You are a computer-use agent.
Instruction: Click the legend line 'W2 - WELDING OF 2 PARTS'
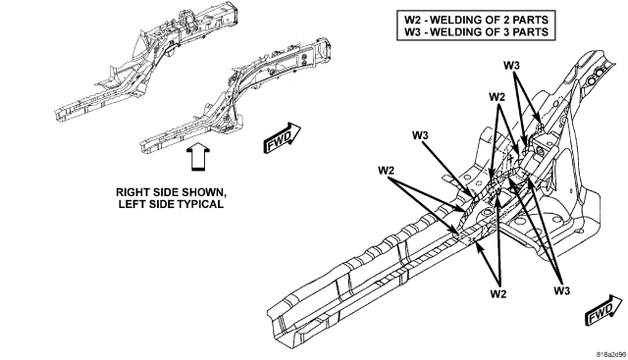pos(476,20)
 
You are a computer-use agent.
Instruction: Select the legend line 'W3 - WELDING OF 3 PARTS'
pos(476,32)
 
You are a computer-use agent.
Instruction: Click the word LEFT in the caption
pos(131,204)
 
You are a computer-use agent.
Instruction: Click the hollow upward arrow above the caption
pos(198,158)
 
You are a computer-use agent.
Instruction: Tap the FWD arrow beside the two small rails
pos(282,138)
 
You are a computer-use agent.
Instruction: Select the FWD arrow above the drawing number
pos(604,310)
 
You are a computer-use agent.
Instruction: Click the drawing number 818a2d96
pos(611,354)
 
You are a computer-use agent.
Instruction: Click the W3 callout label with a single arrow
pos(420,135)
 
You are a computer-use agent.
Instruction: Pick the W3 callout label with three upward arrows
pos(562,290)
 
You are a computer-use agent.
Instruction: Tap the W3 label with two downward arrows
pos(511,66)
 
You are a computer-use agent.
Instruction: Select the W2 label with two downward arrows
pos(497,97)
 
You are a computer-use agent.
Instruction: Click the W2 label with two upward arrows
pos(498,294)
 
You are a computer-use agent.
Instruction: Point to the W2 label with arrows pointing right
pos(386,170)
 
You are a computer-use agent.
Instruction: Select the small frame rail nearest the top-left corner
pos(147,60)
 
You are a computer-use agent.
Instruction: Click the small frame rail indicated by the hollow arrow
pos(235,95)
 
